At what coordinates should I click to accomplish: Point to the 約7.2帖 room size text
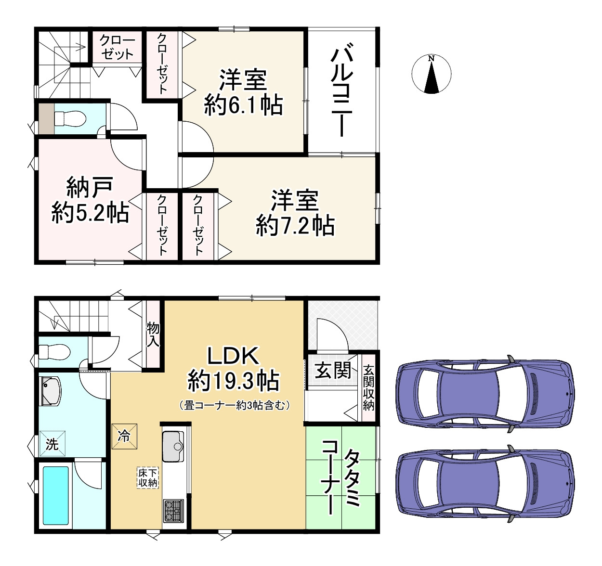pyautogui.click(x=295, y=225)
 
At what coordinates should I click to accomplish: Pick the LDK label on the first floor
pyautogui.click(x=234, y=356)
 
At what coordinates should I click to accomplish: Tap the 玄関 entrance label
pyautogui.click(x=332, y=371)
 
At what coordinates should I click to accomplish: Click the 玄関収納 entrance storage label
pyautogui.click(x=368, y=388)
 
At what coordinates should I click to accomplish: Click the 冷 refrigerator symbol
pyautogui.click(x=124, y=437)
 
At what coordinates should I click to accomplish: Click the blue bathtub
pyautogui.click(x=55, y=495)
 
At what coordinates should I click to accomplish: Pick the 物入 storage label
pyautogui.click(x=153, y=334)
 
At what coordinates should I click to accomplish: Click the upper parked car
pyautogui.click(x=485, y=394)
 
